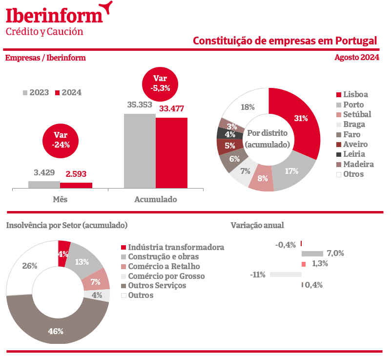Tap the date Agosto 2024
(357, 58)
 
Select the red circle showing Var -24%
(61, 140)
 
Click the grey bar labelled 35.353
(140, 150)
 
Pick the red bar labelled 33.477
(171, 152)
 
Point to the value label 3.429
(44, 173)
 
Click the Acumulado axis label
(155, 199)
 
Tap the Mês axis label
(60, 199)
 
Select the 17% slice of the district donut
(291, 170)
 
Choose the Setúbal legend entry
(354, 114)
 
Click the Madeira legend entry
(355, 164)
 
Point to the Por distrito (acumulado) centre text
(268, 139)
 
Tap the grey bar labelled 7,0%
(312, 254)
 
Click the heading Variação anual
(257, 225)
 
